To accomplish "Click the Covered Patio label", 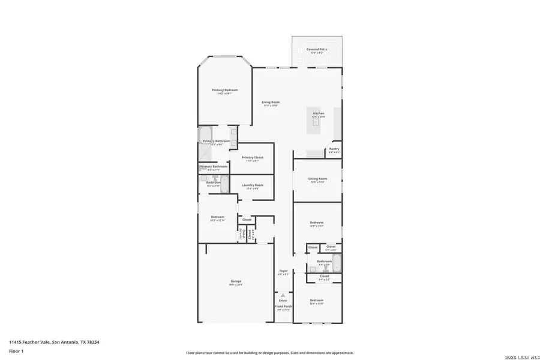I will point(317,50).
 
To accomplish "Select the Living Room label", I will point(271,103).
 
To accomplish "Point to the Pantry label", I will point(334,149).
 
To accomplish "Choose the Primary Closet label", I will point(253,158).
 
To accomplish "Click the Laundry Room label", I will point(253,185).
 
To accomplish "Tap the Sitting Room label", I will point(317,179).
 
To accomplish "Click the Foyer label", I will point(283,271).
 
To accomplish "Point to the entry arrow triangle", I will point(283,295).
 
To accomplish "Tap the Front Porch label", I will point(283,307).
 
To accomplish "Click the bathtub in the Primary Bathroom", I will point(205,134).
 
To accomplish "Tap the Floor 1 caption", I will point(16,350).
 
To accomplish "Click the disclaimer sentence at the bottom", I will point(270,353).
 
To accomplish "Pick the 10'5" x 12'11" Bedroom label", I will point(217,217).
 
